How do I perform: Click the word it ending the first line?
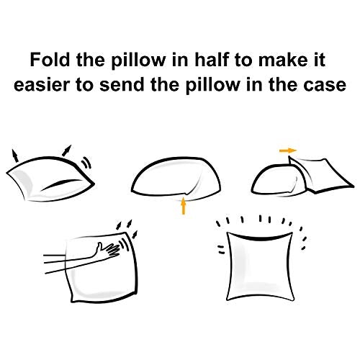[x=320, y=60]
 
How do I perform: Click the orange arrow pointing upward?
[x=184, y=206]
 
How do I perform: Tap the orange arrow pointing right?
[x=288, y=150]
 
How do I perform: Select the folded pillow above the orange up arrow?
[x=176, y=178]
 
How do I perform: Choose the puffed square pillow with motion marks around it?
[x=260, y=266]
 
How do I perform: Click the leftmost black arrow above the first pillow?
[x=15, y=156]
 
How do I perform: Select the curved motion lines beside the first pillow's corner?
[x=86, y=163]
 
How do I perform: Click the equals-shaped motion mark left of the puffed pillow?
[x=220, y=250]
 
